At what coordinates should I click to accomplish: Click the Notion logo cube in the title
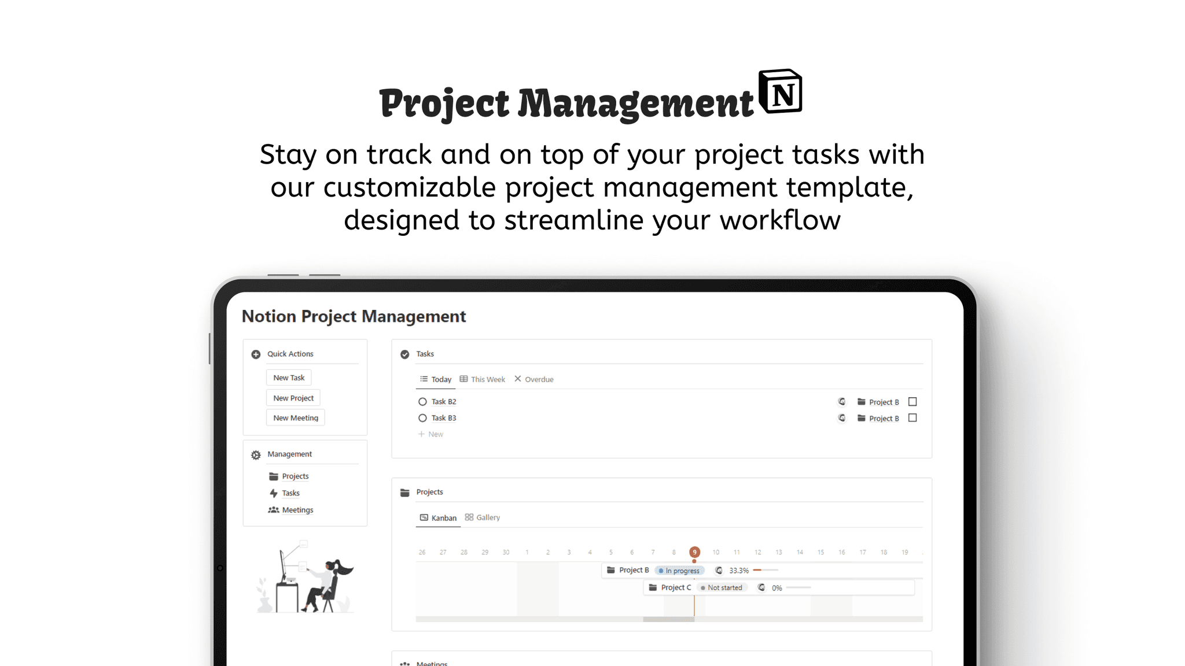(781, 92)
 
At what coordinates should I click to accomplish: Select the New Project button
(293, 398)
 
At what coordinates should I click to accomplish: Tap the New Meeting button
(295, 417)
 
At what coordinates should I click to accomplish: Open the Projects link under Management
(295, 476)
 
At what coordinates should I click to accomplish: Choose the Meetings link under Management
(297, 510)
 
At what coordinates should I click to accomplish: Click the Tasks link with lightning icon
(290, 493)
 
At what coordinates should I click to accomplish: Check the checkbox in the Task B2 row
(912, 402)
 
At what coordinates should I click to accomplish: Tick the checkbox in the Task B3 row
(912, 418)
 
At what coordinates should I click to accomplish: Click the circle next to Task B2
(422, 402)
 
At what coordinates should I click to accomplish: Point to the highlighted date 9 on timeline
(694, 552)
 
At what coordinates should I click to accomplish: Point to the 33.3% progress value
(739, 571)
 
